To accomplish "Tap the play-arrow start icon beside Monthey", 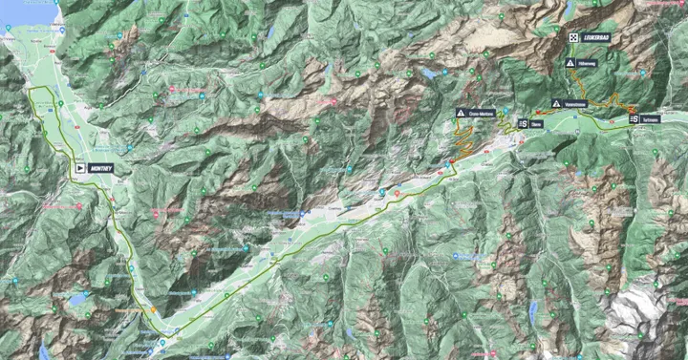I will coord(79,167).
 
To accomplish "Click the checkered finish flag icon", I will coord(572,36).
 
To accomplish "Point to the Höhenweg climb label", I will coord(587,63).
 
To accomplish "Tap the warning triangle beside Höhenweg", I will coord(570,63).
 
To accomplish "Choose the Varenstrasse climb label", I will coord(575,103).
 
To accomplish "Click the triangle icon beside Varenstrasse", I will coord(556,103).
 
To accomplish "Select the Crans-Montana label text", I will coord(481,114).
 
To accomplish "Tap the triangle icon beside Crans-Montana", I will coord(461,114).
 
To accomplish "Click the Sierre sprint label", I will coord(537,123).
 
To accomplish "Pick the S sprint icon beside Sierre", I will coord(524,123).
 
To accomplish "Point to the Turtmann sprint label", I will coord(650,120).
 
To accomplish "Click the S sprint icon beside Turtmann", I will coord(634,120).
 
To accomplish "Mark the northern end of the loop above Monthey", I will coord(38,89).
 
